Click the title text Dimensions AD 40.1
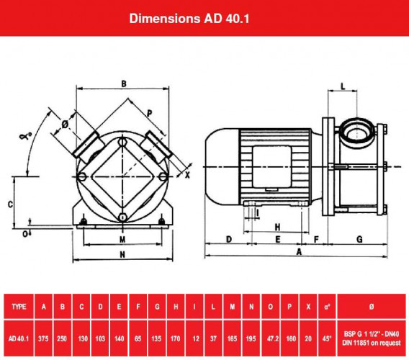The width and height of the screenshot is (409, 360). tap(204, 17)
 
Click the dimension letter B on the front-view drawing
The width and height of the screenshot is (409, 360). tap(124, 84)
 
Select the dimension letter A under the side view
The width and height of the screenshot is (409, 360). tap(300, 251)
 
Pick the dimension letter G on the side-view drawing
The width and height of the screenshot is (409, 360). tap(359, 238)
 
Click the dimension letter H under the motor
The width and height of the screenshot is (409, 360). tap(277, 226)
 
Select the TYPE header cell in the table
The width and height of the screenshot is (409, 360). tap(19, 307)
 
